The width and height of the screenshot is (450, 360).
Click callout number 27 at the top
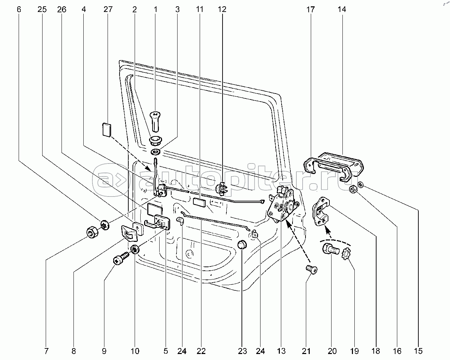(x=108, y=9)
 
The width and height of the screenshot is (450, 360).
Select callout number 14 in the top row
(x=342, y=9)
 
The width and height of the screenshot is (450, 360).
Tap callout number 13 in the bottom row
(x=281, y=351)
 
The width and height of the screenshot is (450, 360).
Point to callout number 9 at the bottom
(x=104, y=351)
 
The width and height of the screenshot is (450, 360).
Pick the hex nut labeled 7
(x=92, y=233)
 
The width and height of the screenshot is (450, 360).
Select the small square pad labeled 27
(x=106, y=129)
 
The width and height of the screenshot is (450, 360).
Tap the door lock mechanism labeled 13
(x=283, y=207)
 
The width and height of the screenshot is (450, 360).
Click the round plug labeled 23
(x=241, y=245)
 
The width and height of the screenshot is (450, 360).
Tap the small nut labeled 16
(x=353, y=190)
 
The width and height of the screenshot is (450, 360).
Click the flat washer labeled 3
(x=155, y=152)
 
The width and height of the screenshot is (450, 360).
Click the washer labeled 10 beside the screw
(x=135, y=250)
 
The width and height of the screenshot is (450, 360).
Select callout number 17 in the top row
(x=310, y=9)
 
